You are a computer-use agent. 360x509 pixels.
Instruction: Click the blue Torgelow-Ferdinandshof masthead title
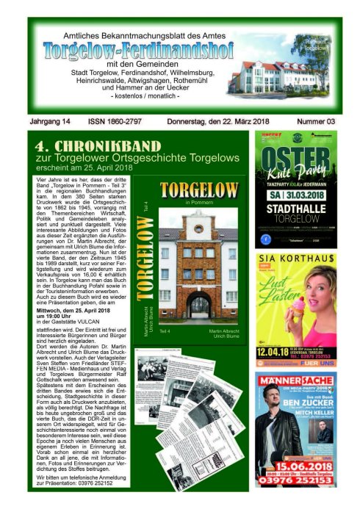(138, 51)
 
